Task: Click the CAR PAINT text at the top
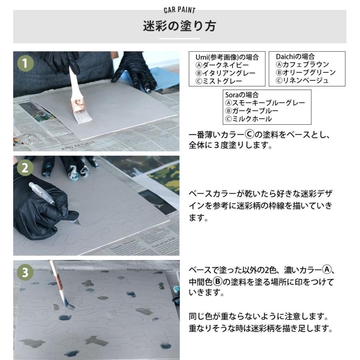point(180,10)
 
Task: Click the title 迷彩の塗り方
point(180,26)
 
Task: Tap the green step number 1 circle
point(25,64)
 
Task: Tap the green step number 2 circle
point(25,168)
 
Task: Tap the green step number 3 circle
point(25,273)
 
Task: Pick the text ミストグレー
point(222,81)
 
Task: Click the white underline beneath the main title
point(180,38)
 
